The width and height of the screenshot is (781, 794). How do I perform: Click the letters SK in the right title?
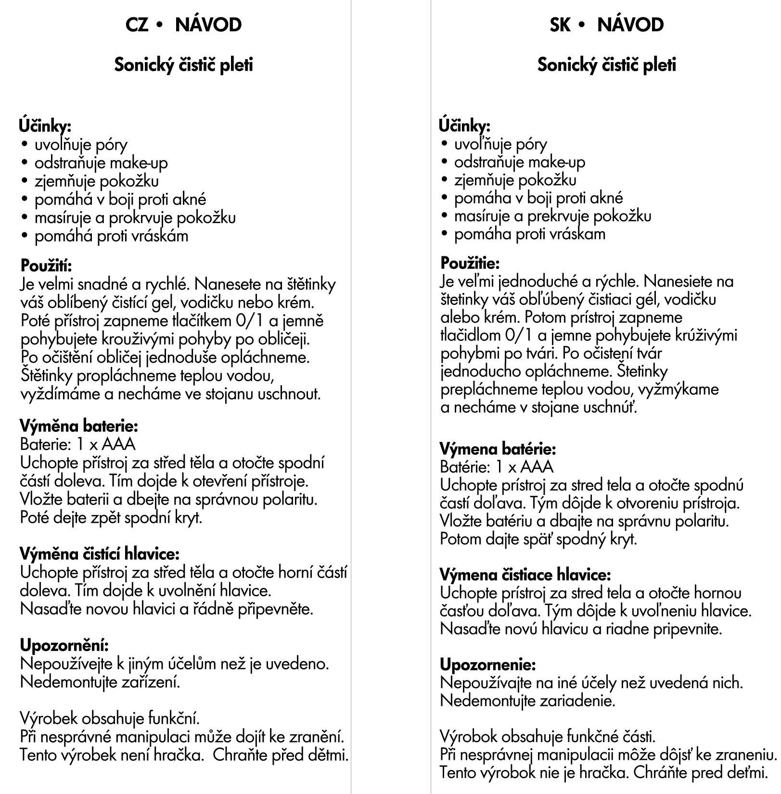click(560, 25)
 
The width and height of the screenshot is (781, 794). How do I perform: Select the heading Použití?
click(46, 265)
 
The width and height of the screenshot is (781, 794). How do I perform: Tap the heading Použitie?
click(470, 263)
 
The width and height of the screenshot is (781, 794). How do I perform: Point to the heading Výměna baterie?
click(79, 426)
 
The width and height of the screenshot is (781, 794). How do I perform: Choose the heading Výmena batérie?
click(498, 449)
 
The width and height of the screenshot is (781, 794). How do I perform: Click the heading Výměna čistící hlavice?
click(100, 554)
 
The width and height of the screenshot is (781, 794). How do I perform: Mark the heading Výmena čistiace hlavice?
click(525, 574)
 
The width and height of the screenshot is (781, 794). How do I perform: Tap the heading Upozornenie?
click(487, 665)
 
